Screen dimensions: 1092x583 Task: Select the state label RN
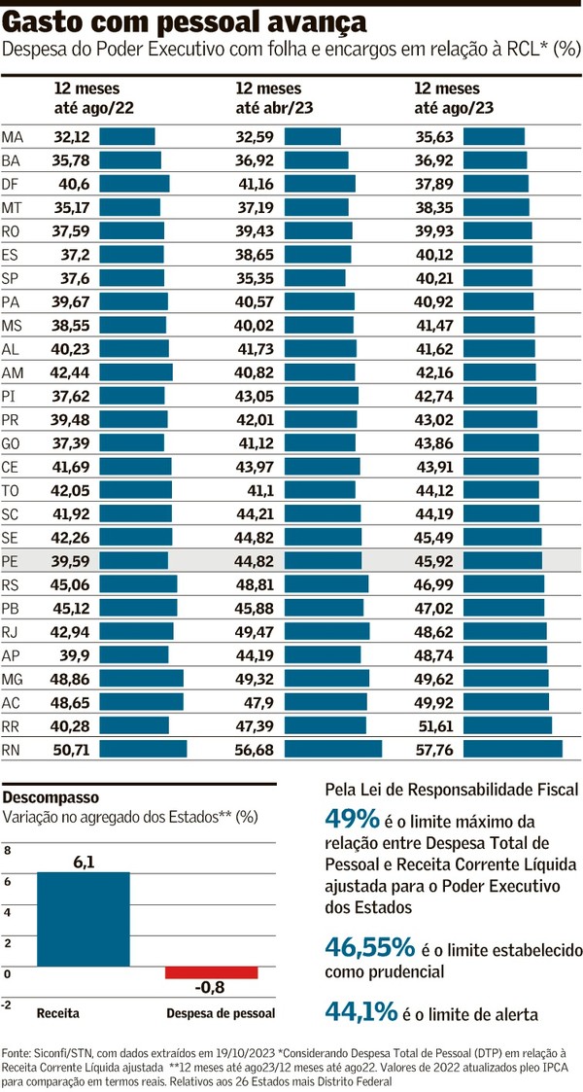13,749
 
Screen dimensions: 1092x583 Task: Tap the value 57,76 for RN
433,749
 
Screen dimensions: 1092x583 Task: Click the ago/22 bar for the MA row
127,136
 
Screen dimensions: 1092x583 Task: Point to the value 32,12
72,136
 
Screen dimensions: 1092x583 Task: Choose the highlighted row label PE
13,561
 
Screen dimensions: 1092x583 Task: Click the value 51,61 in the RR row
433,725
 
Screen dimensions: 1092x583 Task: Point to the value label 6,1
84,862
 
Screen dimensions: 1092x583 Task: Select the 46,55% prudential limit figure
368,949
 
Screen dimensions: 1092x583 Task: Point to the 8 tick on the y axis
9,850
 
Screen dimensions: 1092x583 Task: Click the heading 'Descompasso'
46,796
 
